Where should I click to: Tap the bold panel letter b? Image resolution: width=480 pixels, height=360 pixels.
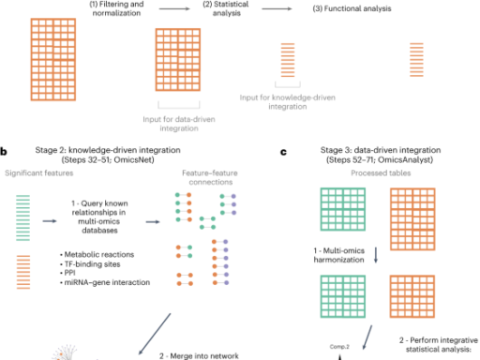pos(4,148)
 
